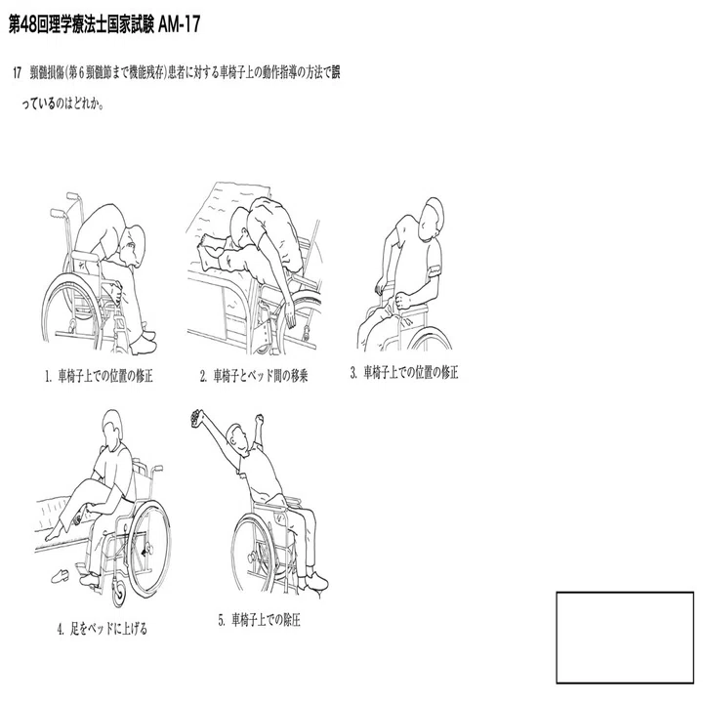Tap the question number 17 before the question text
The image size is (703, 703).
(x=17, y=72)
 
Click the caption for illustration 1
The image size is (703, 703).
(x=99, y=376)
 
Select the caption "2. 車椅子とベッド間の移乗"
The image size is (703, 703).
(x=254, y=376)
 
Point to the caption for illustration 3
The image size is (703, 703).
(x=404, y=373)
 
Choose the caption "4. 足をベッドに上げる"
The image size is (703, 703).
(x=103, y=629)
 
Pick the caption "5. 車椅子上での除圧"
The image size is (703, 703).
(x=259, y=620)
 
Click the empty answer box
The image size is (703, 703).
(x=625, y=638)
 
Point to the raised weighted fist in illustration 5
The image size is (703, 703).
(x=196, y=417)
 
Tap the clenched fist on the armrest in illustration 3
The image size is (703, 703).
(x=402, y=300)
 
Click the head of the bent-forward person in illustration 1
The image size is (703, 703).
(x=134, y=246)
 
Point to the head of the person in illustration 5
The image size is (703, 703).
(x=237, y=438)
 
